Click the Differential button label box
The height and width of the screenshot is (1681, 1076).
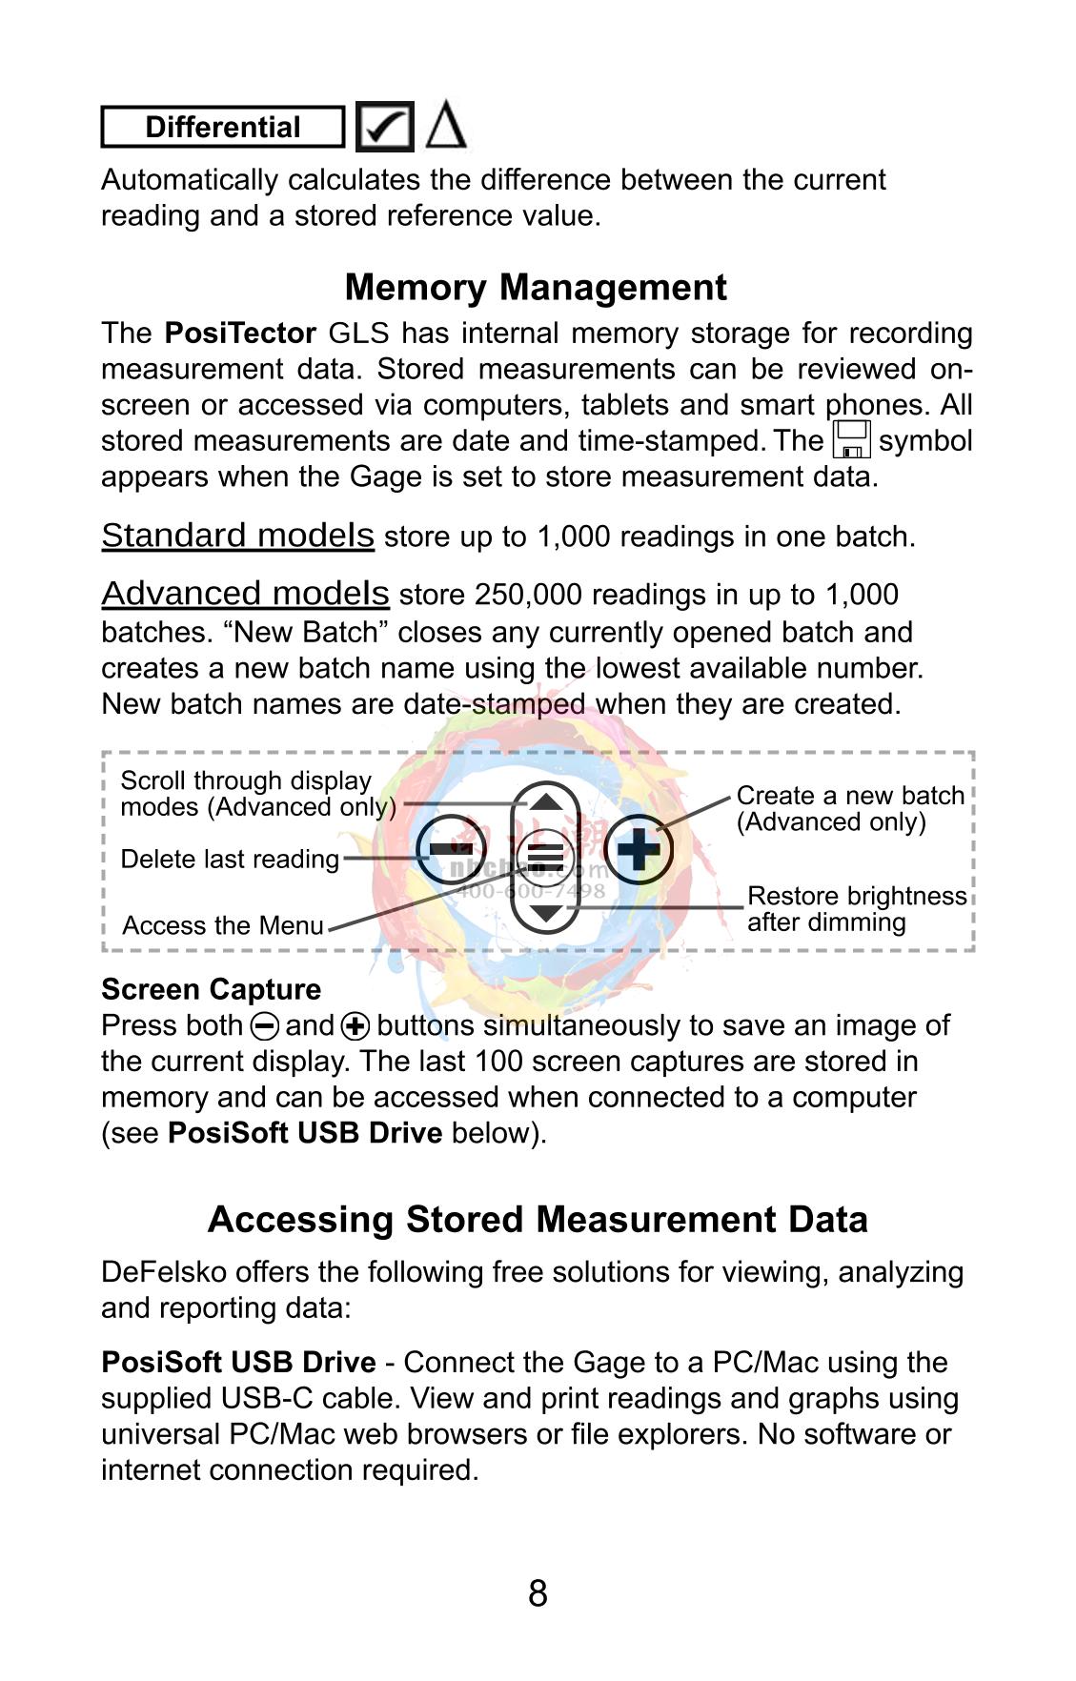222,128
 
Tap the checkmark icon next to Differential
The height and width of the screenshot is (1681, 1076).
384,127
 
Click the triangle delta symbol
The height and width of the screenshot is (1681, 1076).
445,126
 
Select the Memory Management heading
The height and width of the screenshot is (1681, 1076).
536,287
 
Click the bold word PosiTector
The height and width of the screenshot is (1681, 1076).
240,334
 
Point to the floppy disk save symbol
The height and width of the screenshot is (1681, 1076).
851,439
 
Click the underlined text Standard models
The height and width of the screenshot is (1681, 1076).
237,536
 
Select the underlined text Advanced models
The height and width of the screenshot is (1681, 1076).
245,594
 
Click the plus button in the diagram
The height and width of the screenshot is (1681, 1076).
638,849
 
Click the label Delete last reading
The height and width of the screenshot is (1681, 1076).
230,860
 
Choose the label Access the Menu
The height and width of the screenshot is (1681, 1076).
223,925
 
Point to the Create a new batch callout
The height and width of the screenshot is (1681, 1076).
850,808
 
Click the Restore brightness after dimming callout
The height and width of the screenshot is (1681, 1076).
856,908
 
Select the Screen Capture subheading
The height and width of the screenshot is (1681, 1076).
211,989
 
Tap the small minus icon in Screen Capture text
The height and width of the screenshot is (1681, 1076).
264,1026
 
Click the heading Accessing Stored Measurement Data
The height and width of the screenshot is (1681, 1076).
538,1220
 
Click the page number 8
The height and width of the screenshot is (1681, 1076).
538,1593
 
